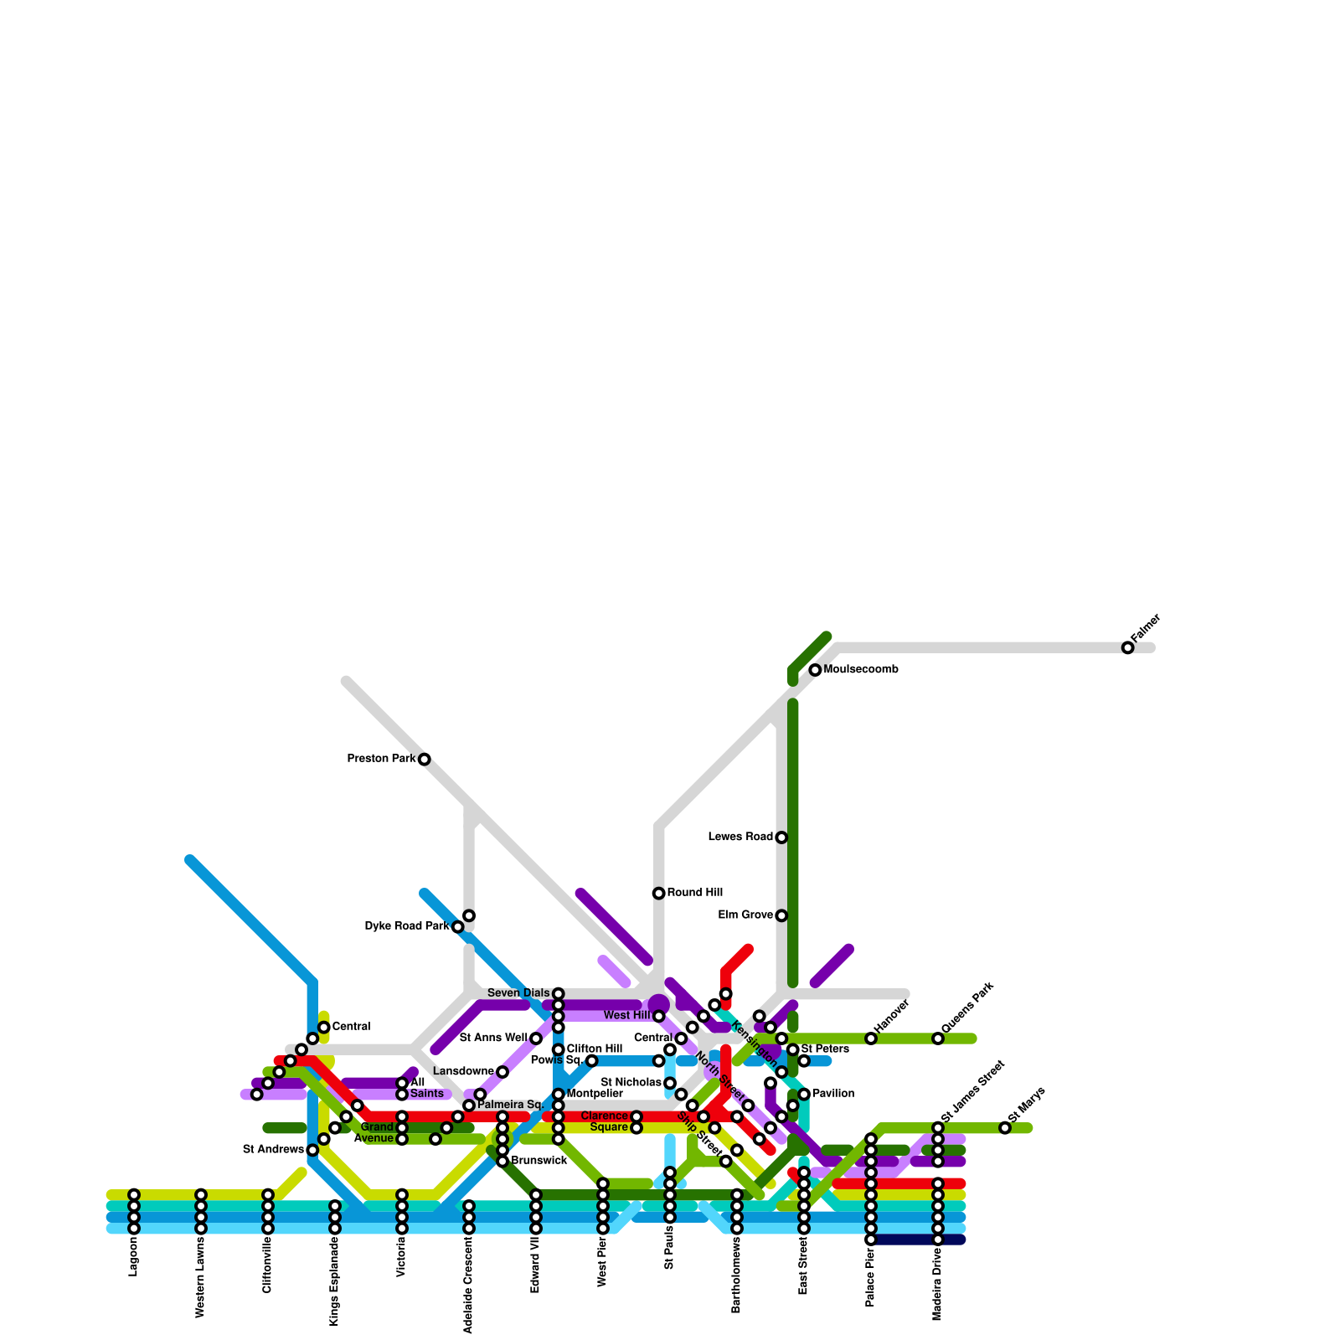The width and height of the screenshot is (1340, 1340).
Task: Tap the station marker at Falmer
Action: (1128, 647)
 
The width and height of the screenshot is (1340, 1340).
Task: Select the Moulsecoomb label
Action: (861, 670)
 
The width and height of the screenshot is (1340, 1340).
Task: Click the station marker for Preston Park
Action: (425, 760)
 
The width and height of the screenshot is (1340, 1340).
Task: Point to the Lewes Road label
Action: (740, 837)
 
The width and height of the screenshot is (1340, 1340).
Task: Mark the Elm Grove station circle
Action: (781, 915)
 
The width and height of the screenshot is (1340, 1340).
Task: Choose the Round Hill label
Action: (695, 893)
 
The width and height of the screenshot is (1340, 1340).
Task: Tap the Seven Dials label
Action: (518, 993)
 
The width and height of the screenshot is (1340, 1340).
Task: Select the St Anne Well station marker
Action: (536, 1038)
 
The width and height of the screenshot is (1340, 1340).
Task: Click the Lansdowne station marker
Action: (502, 1072)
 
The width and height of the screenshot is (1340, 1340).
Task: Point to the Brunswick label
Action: (539, 1161)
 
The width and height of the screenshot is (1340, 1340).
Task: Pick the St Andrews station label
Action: (273, 1150)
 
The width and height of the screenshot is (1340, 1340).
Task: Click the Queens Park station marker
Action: (938, 1038)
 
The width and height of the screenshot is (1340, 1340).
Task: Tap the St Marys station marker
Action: (1005, 1128)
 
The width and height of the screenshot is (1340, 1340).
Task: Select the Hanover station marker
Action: (871, 1038)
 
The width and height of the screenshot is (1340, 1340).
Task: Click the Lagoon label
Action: (133, 1257)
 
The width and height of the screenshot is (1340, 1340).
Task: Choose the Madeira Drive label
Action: (937, 1285)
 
